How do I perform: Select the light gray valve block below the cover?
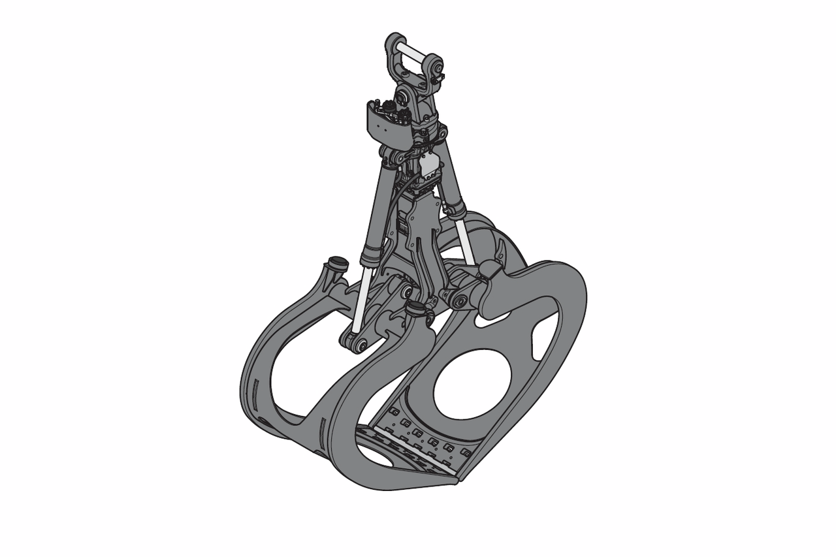point(429,167)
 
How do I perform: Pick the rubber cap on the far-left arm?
point(337,263)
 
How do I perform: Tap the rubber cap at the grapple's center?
point(415,306)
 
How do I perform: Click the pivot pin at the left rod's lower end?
point(356,343)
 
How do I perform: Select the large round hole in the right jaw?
point(472,384)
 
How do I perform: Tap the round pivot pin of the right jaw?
point(459,301)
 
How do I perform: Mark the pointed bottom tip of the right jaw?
point(460,481)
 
